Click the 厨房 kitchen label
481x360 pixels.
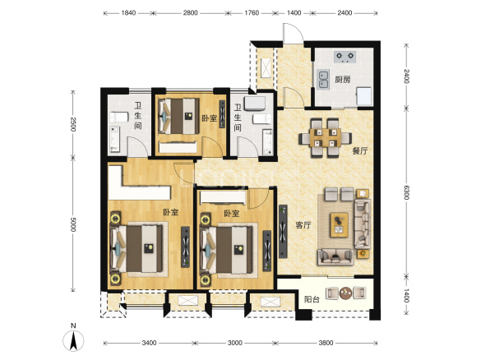click(x=342, y=80)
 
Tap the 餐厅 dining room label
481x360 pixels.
click(x=360, y=150)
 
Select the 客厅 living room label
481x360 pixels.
click(x=303, y=225)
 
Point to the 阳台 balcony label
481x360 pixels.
click(x=312, y=299)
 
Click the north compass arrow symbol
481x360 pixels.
click(x=73, y=340)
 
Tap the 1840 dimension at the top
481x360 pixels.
click(x=128, y=13)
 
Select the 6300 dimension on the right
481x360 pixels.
click(x=406, y=192)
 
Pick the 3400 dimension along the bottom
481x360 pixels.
click(x=149, y=343)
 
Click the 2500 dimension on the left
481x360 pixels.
click(x=73, y=124)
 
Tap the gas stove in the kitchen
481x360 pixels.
click(x=345, y=57)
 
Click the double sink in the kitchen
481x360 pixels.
click(x=322, y=80)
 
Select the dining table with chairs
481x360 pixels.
click(x=325, y=138)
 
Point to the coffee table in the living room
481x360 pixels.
click(x=340, y=224)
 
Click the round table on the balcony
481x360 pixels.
click(x=345, y=293)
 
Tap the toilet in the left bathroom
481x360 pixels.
click(x=119, y=117)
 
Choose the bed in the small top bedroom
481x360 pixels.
click(x=178, y=116)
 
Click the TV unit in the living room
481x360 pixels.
click(x=283, y=232)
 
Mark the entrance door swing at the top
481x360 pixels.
click(x=294, y=33)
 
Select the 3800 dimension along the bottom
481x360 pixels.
click(x=326, y=343)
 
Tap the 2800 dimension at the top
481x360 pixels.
click(x=190, y=13)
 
